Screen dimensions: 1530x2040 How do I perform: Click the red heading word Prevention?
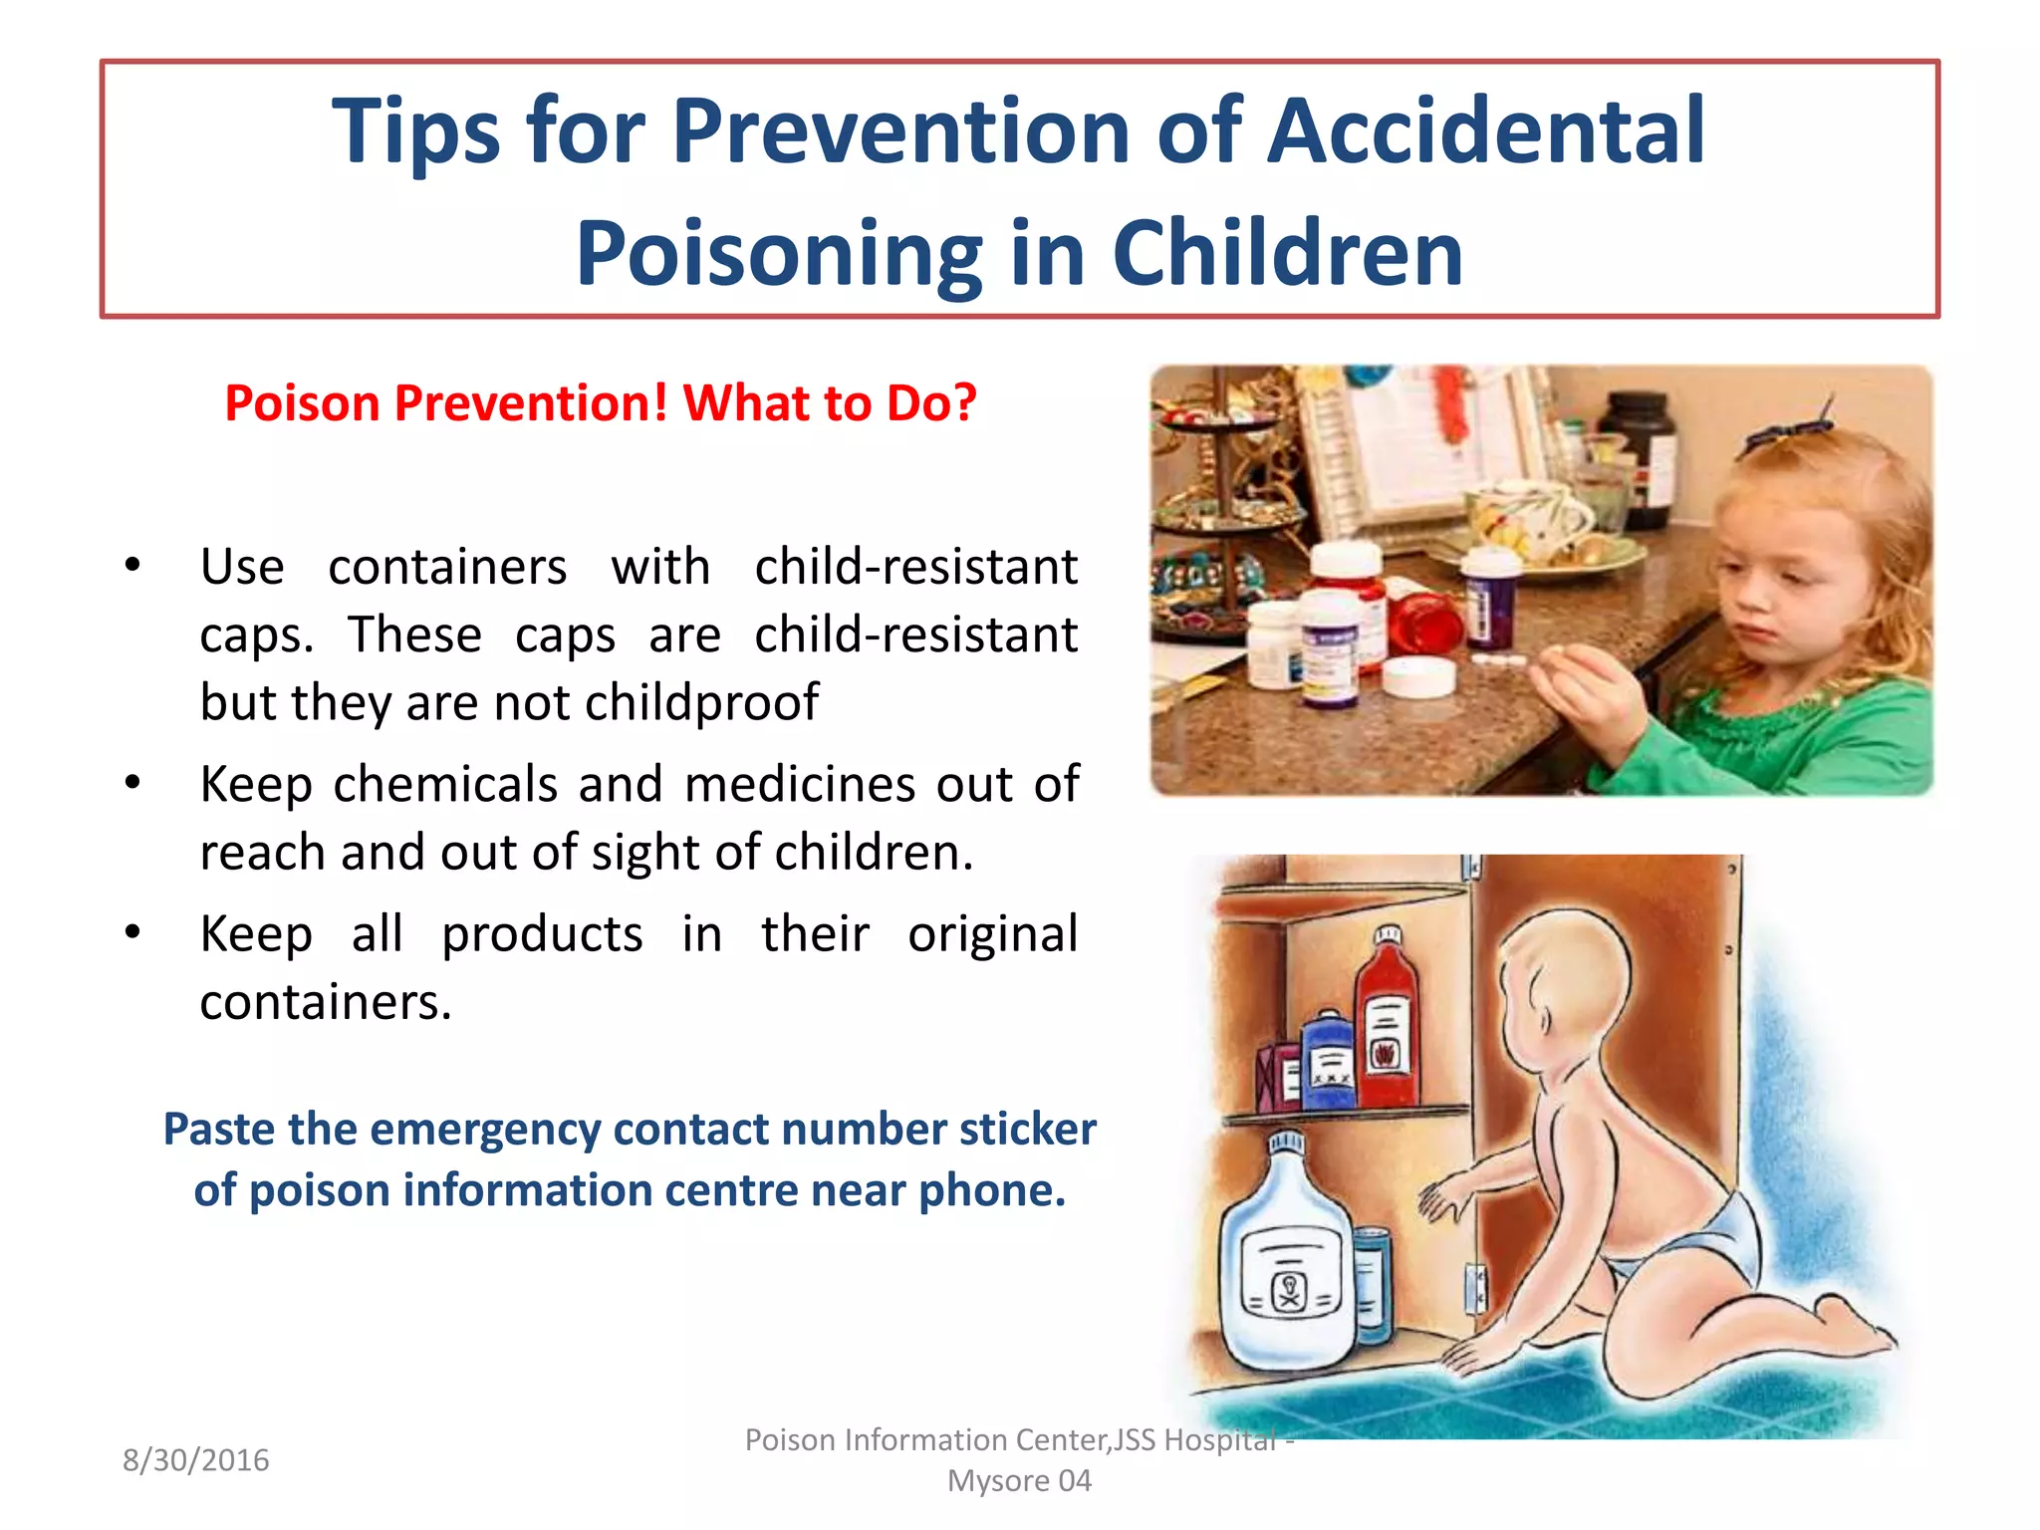pos(531,403)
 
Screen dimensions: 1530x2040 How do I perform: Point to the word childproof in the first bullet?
pos(701,702)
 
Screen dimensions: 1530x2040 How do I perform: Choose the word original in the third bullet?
pos(992,934)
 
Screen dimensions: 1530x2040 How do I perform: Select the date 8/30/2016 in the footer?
pos(195,1460)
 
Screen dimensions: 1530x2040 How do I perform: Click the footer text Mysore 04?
pos(1019,1481)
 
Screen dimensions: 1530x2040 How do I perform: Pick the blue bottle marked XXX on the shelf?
pos(1328,1061)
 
